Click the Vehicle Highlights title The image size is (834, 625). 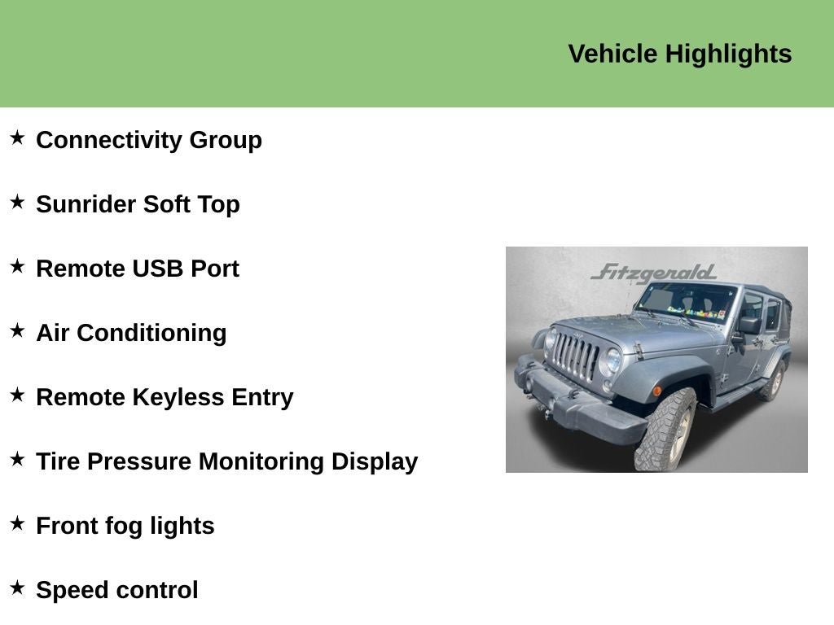tap(679, 54)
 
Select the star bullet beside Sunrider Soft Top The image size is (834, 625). tap(17, 203)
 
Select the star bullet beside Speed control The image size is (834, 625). tap(17, 588)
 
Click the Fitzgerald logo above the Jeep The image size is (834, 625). tap(653, 272)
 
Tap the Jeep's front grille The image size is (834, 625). tap(577, 356)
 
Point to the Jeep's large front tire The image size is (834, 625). tap(665, 431)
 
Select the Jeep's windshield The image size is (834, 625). tap(686, 302)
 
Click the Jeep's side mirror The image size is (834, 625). tap(748, 326)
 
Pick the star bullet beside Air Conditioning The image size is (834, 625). tap(17, 331)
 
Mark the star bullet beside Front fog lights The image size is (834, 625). tap(17, 524)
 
